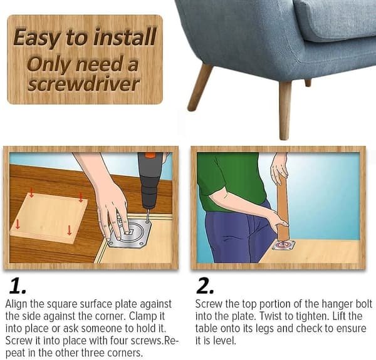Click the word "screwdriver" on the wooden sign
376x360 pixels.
(83, 84)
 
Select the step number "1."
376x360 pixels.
(18, 285)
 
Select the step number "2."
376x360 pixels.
(204, 285)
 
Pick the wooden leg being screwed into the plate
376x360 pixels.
(283, 208)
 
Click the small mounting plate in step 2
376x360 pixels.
(283, 245)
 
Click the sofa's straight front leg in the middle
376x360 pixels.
(285, 111)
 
